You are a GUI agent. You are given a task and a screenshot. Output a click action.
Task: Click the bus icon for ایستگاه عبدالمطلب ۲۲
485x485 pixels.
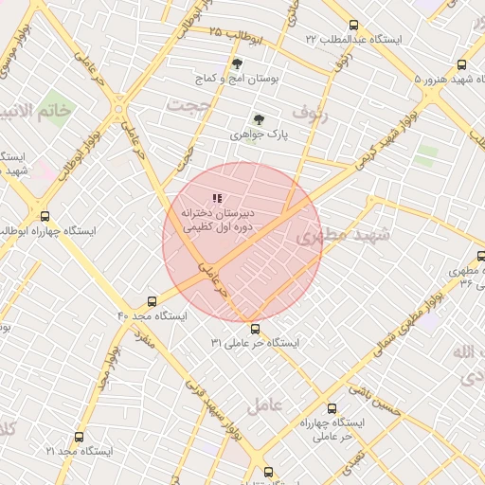[354, 26]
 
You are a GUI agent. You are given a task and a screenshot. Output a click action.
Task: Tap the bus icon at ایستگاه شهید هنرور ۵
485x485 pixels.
[461, 65]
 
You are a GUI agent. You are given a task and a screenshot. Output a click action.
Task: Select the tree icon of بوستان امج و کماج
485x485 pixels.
[237, 63]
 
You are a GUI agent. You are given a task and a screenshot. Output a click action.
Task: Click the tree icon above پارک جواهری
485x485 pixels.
[259, 119]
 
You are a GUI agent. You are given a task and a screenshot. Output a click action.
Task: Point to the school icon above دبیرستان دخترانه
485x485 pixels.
[217, 198]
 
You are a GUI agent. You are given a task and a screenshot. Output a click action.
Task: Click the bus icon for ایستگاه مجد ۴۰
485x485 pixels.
[153, 300]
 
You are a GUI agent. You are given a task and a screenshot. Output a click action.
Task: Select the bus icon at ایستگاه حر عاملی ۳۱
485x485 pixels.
[255, 329]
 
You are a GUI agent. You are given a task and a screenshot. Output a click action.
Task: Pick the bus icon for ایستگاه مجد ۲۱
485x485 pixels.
[79, 438]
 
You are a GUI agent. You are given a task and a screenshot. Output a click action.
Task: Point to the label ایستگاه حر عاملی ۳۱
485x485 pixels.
[256, 342]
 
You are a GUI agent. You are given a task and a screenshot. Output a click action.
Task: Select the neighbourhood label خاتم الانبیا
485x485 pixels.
[35, 112]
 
